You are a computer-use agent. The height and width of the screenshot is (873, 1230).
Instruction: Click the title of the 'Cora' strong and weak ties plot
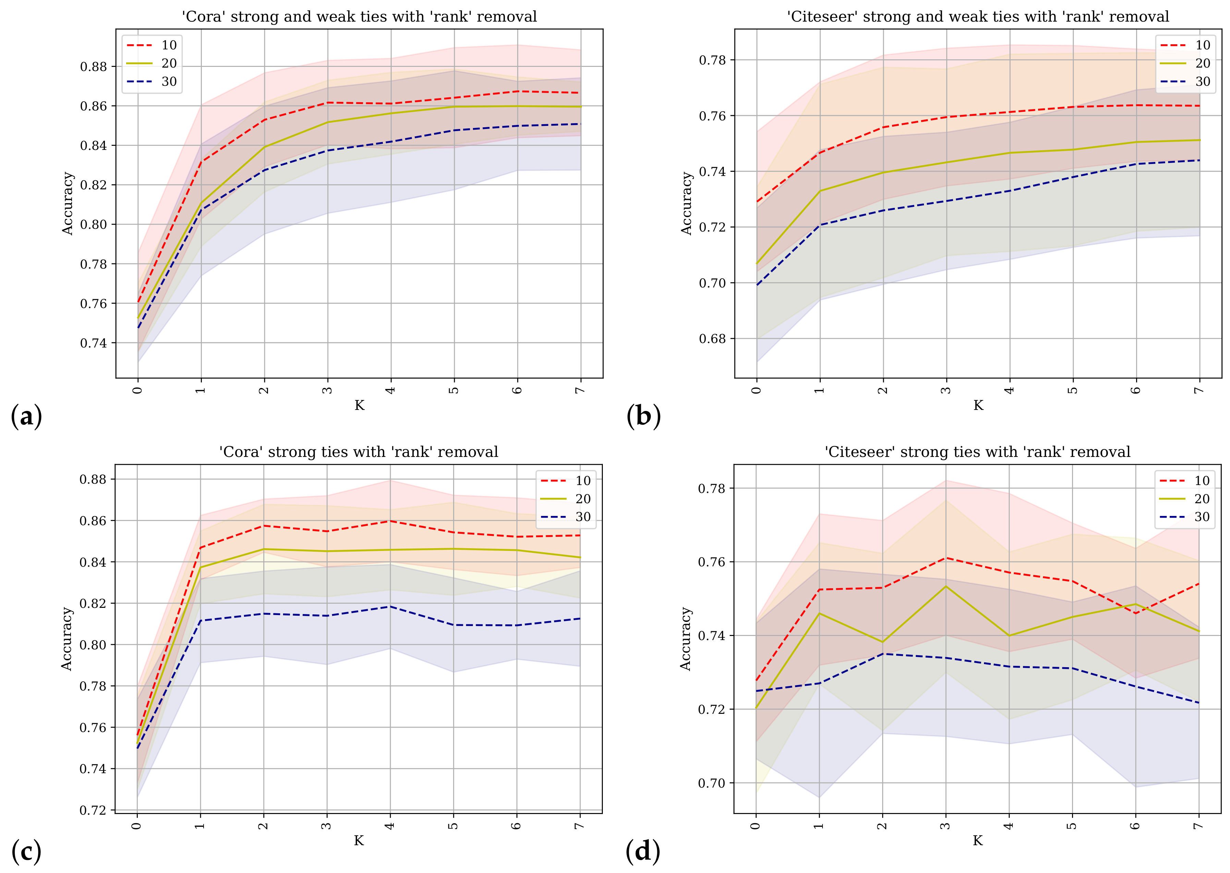tap(359, 17)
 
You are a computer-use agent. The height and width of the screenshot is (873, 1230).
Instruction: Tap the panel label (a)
tap(26, 417)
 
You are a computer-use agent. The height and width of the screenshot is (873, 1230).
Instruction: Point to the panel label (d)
tap(642, 851)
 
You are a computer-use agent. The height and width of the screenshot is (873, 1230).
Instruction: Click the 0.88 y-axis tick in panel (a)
tap(94, 67)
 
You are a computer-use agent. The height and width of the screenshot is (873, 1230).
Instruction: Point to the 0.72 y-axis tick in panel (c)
tap(93, 810)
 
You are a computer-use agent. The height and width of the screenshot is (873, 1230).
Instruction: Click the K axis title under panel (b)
tap(978, 405)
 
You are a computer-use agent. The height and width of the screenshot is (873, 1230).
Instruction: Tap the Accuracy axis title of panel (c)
tap(66, 639)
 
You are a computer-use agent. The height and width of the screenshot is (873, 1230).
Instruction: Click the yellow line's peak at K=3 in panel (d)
tap(946, 586)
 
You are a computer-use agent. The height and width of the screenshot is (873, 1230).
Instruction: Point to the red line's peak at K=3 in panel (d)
tap(946, 558)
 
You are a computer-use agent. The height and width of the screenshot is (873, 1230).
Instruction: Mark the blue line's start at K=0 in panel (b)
tap(757, 285)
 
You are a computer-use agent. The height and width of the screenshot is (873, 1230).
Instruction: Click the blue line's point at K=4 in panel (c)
tap(390, 606)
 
